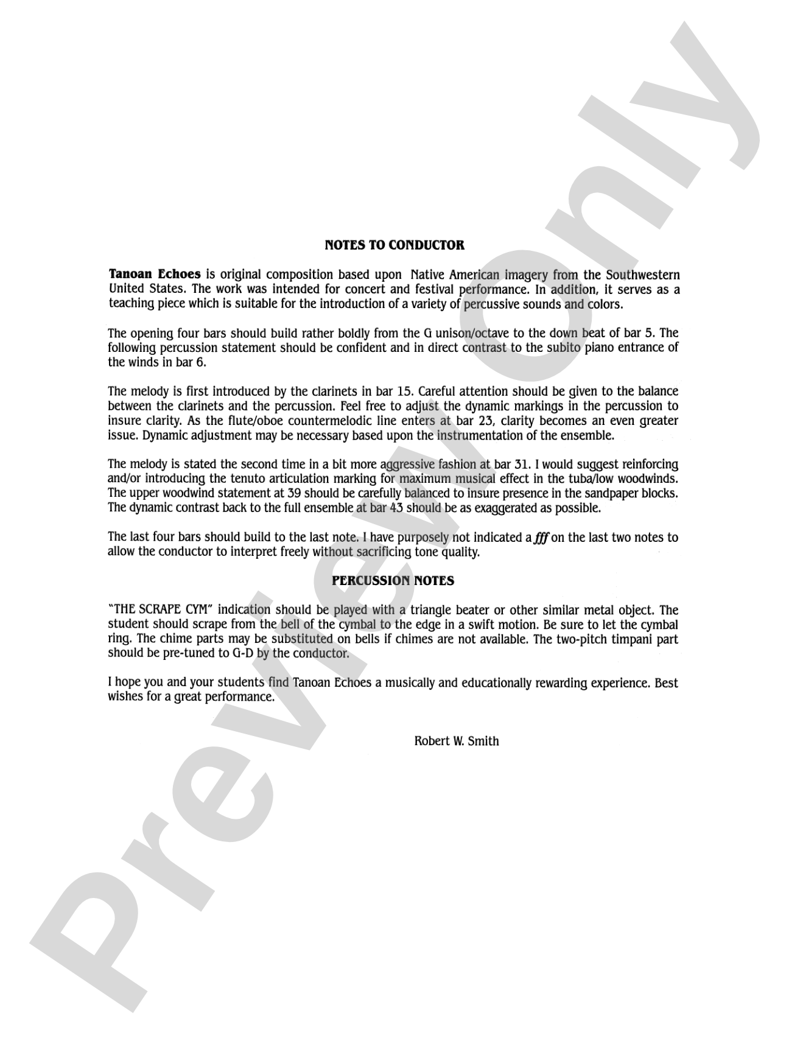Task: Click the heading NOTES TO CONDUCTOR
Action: (394, 245)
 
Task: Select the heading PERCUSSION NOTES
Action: (393, 581)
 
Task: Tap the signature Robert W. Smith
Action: (456, 741)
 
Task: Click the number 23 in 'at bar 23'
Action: (485, 421)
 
